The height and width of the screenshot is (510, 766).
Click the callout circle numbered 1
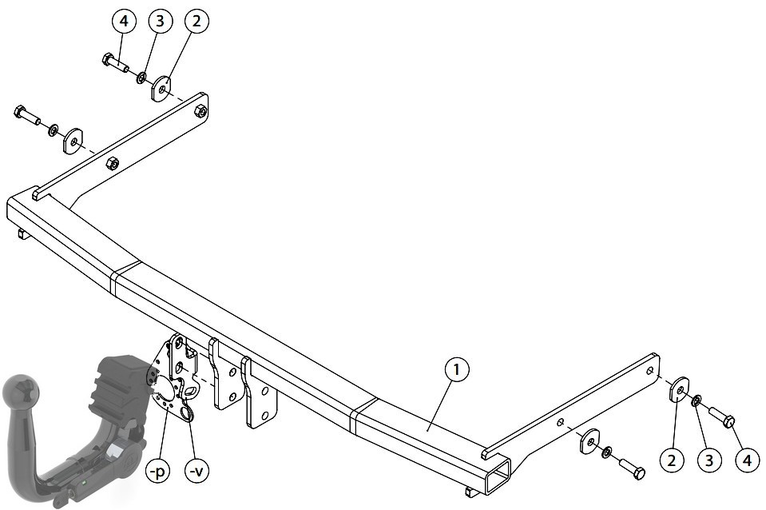[456, 369]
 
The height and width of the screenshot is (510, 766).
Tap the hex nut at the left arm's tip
[200, 110]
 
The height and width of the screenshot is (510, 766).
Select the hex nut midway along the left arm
[113, 163]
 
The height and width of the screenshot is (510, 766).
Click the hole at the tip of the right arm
[649, 371]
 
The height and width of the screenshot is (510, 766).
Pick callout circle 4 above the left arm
[124, 21]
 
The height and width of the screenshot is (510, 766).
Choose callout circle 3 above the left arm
[160, 21]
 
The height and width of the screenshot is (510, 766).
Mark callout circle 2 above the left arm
[196, 21]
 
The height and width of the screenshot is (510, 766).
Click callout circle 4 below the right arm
[748, 460]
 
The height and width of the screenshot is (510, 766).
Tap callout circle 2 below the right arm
[672, 460]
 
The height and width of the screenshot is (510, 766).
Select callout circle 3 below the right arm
[709, 460]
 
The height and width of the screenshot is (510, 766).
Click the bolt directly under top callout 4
[115, 63]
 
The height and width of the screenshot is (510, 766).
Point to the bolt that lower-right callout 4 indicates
[722, 416]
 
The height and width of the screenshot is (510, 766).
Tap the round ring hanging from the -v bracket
[187, 413]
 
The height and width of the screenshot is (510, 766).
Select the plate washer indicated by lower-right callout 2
[679, 389]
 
